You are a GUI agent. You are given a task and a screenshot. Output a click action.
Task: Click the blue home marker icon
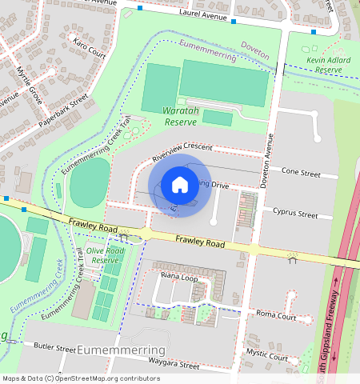click(x=180, y=185)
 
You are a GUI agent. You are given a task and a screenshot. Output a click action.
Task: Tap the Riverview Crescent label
click(x=186, y=147)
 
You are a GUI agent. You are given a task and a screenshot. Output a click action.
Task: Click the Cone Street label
click(x=301, y=173)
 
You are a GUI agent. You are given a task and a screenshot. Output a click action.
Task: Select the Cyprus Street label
click(x=295, y=214)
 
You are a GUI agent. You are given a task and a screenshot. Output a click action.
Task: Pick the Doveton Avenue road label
click(x=269, y=160)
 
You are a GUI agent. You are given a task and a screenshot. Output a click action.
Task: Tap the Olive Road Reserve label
click(x=106, y=255)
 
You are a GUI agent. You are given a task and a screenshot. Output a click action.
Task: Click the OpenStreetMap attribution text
click(x=81, y=378)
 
